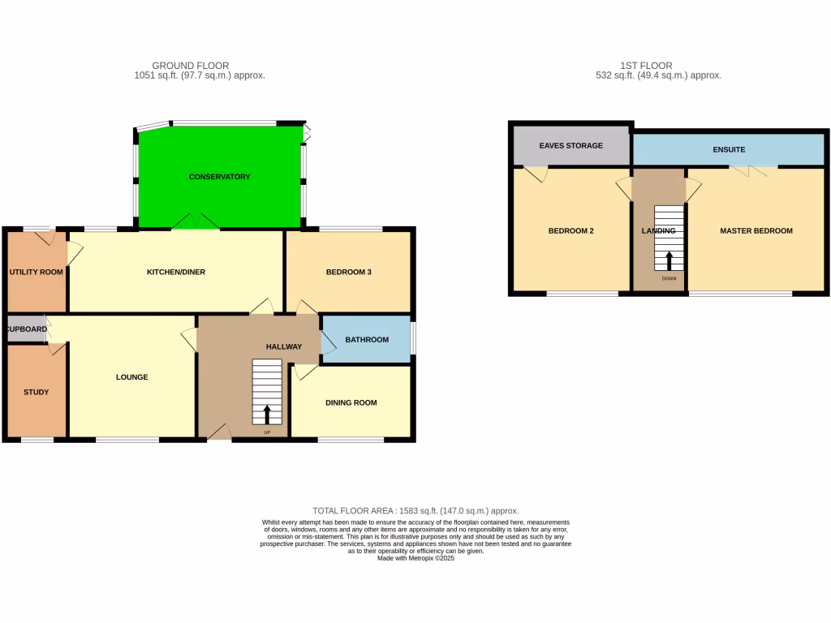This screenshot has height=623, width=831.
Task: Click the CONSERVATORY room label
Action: [219, 177]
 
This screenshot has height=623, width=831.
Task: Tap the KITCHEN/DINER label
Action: [175, 272]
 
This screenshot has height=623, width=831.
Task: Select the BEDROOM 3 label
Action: [348, 272]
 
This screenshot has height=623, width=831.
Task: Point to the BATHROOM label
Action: [367, 339]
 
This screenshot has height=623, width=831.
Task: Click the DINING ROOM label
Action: [351, 402]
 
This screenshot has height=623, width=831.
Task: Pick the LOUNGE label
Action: [131, 377]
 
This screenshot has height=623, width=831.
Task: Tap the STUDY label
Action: [36, 392]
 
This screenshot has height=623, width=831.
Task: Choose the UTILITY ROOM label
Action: [36, 272]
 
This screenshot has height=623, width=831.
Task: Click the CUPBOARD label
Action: [26, 329]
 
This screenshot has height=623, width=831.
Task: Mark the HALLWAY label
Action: [284, 346]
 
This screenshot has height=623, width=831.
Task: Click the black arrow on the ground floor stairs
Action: [267, 415]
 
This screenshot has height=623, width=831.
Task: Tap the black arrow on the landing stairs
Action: [669, 260]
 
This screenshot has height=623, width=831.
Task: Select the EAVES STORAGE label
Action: [571, 146]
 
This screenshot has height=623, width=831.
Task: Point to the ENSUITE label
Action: [729, 150]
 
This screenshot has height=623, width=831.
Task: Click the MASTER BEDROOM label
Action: [756, 231]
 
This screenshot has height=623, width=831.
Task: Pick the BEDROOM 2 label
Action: [571, 231]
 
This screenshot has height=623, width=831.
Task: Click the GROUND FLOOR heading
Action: [191, 66]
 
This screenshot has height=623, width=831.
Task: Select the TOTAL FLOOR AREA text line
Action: [415, 510]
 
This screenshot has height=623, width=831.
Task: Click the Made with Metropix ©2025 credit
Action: [415, 558]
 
